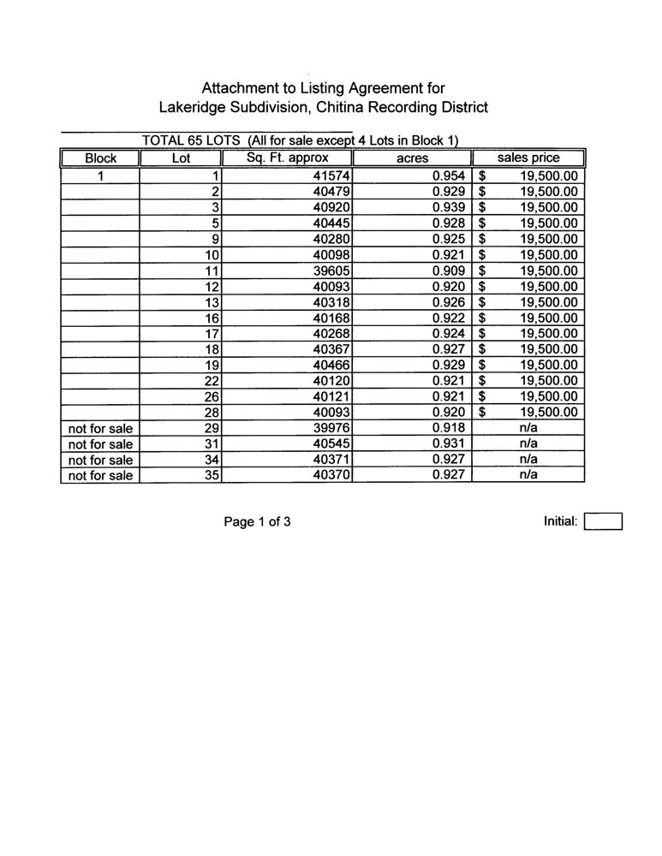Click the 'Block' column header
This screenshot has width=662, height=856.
(x=101, y=158)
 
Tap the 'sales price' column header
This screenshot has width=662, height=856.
(x=528, y=158)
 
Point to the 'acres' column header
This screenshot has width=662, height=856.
(x=412, y=158)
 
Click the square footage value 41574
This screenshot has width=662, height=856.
(x=333, y=176)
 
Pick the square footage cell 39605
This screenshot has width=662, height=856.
(x=333, y=270)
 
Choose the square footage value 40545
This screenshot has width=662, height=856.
(x=333, y=444)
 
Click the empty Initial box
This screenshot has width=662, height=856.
(x=603, y=521)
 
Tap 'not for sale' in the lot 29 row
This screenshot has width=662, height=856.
(x=100, y=428)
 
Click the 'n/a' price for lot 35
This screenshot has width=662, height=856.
(x=528, y=476)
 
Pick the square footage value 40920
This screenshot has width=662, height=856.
(x=333, y=207)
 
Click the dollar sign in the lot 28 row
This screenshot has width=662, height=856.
(x=483, y=413)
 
